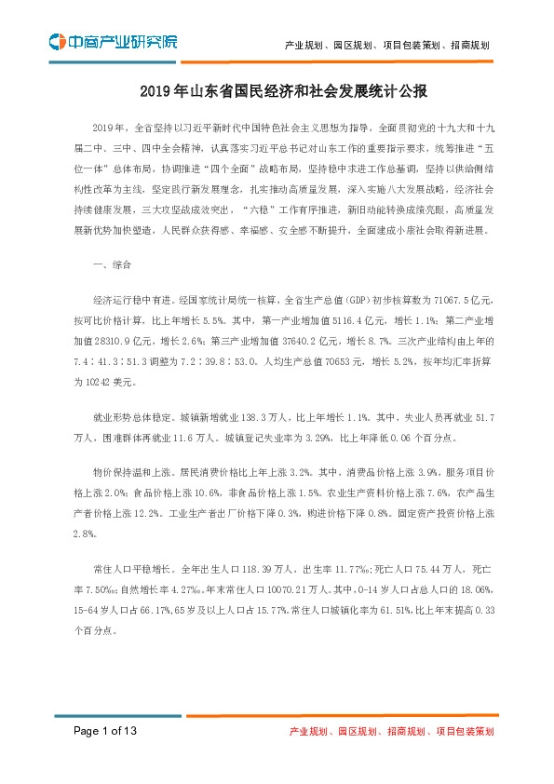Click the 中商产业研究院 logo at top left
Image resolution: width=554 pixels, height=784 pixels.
112,42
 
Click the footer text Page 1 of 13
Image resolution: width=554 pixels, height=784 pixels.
105,732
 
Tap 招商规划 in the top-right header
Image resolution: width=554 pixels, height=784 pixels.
466,44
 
